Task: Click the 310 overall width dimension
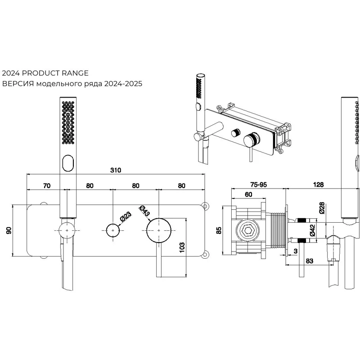pos(116,170)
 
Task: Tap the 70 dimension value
pos(46,185)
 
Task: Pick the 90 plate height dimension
pos(8,231)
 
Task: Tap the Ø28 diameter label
pos(321,208)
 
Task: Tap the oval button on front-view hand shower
pos(67,162)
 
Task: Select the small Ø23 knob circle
pos(112,229)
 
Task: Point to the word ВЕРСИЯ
pos(18,84)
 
